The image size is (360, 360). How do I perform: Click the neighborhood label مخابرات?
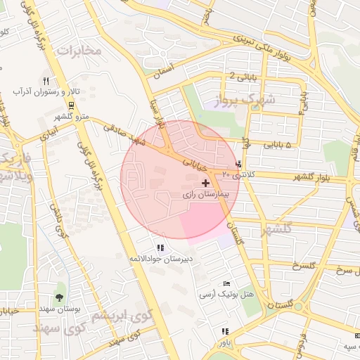pos(79,51)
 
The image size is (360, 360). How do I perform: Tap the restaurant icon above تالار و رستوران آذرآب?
pos(46,81)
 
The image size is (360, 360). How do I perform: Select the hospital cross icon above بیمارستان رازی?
pos(205,183)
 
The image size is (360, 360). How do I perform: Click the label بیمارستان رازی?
pos(205,193)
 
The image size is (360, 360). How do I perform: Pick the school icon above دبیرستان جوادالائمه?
pos(160,247)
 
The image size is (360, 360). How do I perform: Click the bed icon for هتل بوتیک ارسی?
pos(226,283)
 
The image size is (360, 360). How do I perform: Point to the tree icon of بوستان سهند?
pos(59,297)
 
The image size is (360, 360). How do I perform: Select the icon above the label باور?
pos(224,331)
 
